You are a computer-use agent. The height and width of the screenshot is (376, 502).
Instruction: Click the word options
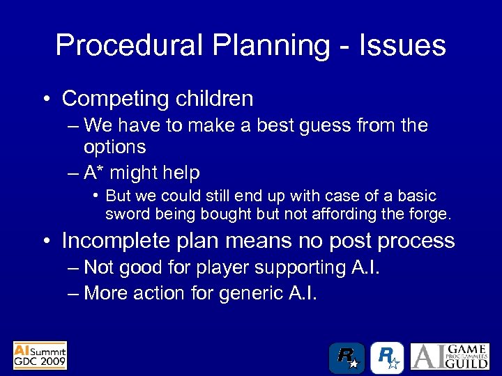(x=114, y=147)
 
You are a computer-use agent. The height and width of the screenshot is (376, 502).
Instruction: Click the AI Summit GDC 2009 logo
(x=40, y=355)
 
